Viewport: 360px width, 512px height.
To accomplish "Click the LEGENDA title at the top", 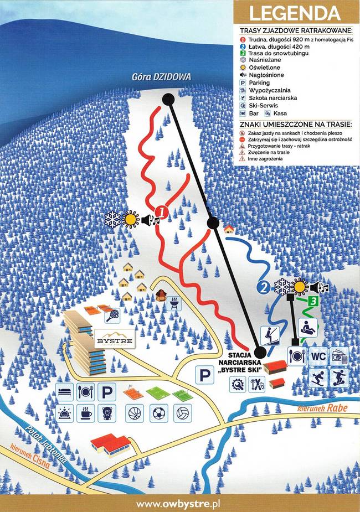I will click(295, 13).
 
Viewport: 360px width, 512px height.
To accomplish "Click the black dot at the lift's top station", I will click(168, 99).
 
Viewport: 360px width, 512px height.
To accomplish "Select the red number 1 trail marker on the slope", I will click(161, 211).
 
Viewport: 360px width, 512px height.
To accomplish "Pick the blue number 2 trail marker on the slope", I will click(264, 287).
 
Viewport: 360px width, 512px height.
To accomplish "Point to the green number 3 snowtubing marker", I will click(313, 301).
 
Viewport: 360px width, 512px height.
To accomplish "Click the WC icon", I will click(318, 355).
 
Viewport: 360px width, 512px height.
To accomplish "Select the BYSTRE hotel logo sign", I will click(115, 341).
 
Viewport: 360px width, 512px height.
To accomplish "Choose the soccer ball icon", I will click(158, 412).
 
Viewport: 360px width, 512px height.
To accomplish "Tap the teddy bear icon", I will click(106, 413).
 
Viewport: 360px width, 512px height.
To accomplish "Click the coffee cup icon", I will click(85, 413).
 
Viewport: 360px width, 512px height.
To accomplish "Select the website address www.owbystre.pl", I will click(179, 503).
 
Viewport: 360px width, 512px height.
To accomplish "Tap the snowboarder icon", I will click(338, 379).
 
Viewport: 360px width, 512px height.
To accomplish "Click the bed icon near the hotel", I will click(64, 392).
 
